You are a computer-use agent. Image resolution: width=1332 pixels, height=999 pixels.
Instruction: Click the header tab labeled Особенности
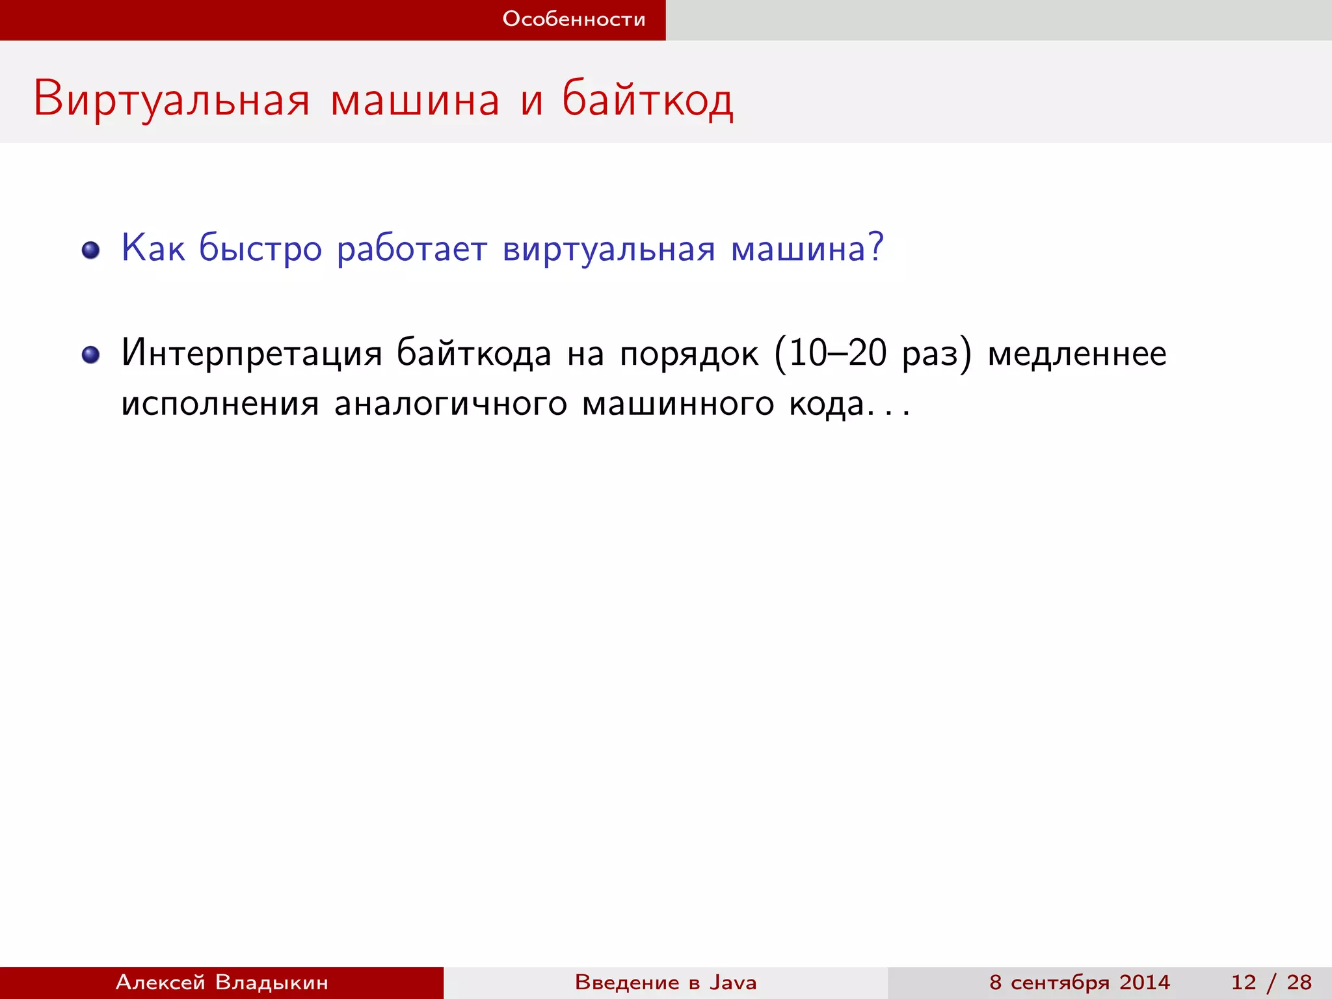point(574,20)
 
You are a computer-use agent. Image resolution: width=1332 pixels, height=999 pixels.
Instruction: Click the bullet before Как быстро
point(91,250)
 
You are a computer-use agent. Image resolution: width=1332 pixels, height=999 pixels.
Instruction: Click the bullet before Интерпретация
point(91,354)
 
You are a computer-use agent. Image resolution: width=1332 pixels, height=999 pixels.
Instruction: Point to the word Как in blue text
point(153,248)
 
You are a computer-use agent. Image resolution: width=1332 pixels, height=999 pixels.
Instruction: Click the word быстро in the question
point(260,249)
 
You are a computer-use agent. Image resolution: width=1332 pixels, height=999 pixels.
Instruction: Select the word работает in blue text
point(412,249)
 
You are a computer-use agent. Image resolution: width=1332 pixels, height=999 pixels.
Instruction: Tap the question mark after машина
point(876,247)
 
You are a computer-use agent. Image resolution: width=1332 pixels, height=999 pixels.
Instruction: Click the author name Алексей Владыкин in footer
point(222,982)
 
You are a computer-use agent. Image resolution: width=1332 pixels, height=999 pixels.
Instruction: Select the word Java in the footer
point(733,982)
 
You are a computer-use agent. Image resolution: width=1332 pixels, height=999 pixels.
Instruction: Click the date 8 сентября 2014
point(1080,982)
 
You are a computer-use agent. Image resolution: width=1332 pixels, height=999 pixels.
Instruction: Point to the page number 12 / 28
point(1271,982)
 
